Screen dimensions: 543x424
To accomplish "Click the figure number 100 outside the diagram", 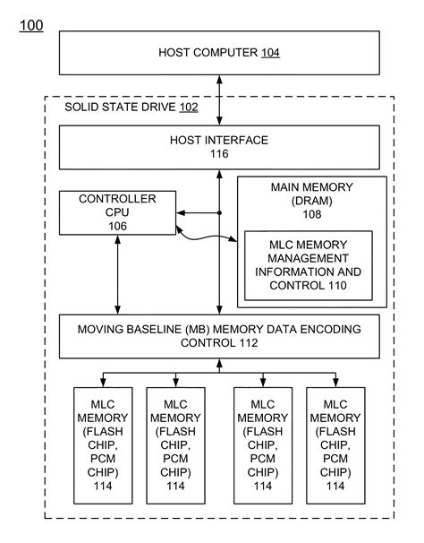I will coord(30,25).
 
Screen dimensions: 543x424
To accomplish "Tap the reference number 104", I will coord(270,54).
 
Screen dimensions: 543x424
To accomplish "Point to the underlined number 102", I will coord(188,108).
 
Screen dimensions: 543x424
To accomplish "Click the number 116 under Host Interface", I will coord(218,155).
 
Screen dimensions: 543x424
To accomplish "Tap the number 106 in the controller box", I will coord(116,227).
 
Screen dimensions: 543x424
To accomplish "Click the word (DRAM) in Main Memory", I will coord(312,201).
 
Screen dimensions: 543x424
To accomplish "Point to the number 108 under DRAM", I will coord(312,215).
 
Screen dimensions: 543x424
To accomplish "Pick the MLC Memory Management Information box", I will coord(308,266).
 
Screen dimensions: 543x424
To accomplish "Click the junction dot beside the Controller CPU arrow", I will coord(219,213).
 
